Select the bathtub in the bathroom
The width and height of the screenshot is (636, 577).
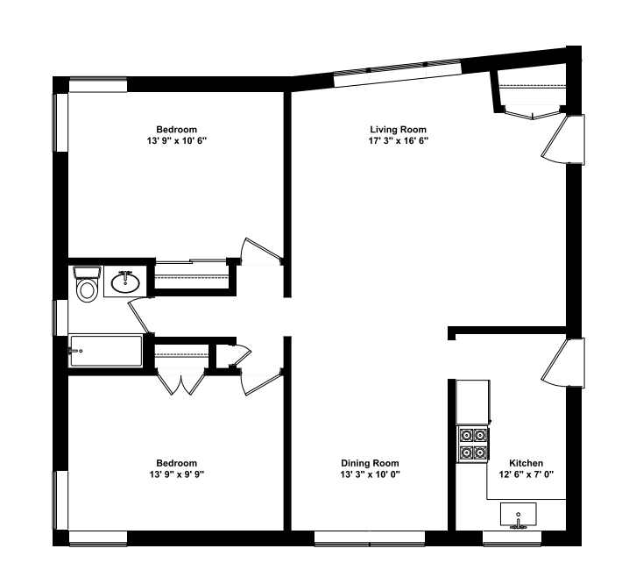[106, 352]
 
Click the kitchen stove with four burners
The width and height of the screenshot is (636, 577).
[473, 443]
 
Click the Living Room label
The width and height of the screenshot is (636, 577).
[399, 130]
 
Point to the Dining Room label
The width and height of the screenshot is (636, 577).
[370, 463]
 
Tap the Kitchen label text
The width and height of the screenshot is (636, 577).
[526, 463]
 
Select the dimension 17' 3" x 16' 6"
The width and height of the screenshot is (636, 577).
[399, 140]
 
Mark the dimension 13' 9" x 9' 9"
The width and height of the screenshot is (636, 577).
[176, 474]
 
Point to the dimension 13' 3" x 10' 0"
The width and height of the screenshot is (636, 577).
[370, 474]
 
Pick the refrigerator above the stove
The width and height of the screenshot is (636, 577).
[472, 401]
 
